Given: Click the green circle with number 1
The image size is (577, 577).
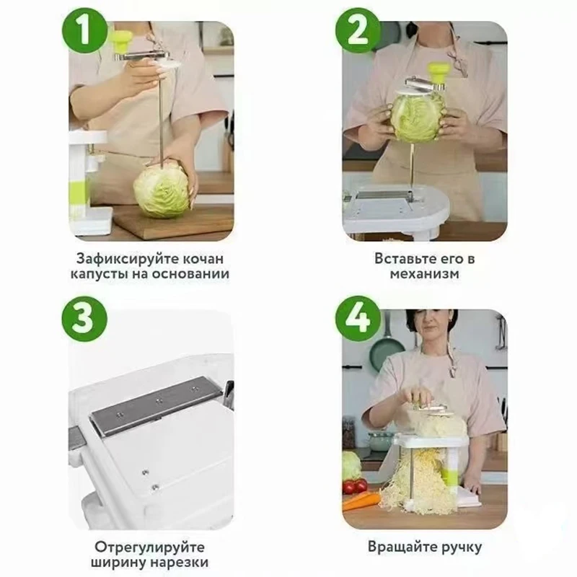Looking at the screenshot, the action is [x=84, y=31].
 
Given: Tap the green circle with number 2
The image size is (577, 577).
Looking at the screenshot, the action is [x=357, y=31].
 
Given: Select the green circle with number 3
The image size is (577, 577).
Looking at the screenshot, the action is [x=84, y=319].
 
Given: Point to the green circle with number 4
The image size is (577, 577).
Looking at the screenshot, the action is [x=357, y=319].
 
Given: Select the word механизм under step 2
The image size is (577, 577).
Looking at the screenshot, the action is [x=424, y=274].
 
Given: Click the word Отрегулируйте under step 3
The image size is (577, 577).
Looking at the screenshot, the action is [x=149, y=547].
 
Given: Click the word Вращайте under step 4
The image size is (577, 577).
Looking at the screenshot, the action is [x=400, y=547].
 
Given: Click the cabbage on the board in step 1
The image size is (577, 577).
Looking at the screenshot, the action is [x=162, y=191].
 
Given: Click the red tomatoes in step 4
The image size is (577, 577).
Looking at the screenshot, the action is [x=355, y=486].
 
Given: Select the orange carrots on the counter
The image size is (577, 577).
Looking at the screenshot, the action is [x=361, y=501].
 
